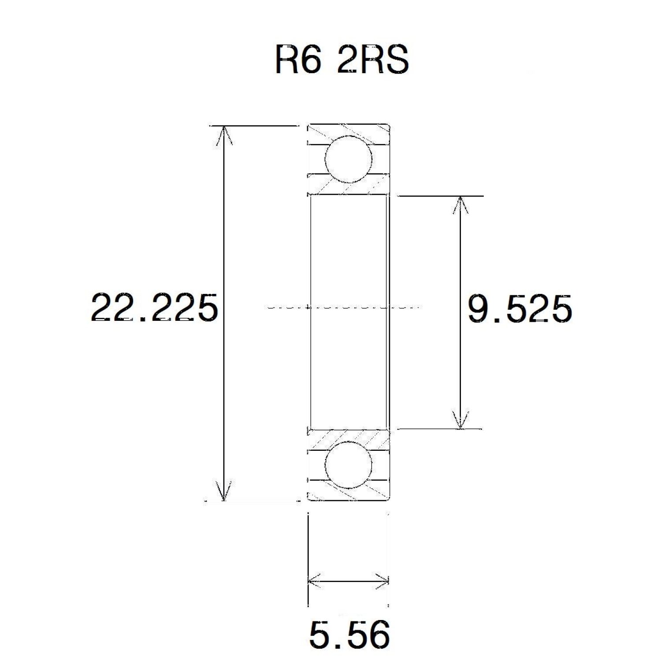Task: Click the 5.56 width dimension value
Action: click(x=350, y=634)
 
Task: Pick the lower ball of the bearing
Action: click(x=348, y=465)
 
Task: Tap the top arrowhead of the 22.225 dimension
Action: click(x=225, y=134)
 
